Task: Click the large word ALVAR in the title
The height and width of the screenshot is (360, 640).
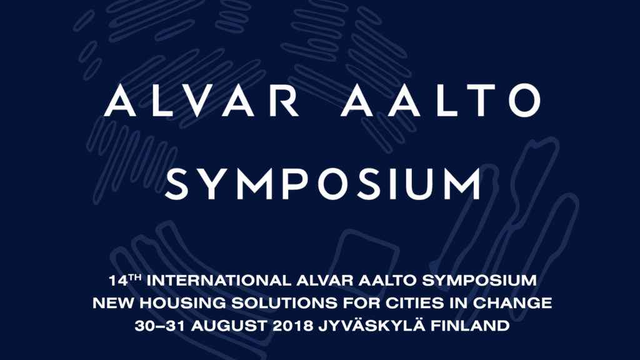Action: (202, 101)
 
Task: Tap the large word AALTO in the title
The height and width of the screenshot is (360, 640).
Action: (441, 101)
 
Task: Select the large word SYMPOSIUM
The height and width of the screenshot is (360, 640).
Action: (323, 184)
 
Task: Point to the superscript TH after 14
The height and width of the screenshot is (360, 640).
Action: (135, 278)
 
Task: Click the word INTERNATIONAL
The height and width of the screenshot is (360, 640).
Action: (219, 281)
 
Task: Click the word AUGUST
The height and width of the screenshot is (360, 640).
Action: (229, 326)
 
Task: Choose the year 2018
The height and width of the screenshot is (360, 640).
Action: (292, 326)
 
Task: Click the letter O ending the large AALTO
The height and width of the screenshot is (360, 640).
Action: (525, 101)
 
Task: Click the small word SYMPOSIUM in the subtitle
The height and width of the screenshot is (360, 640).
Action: (479, 281)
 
